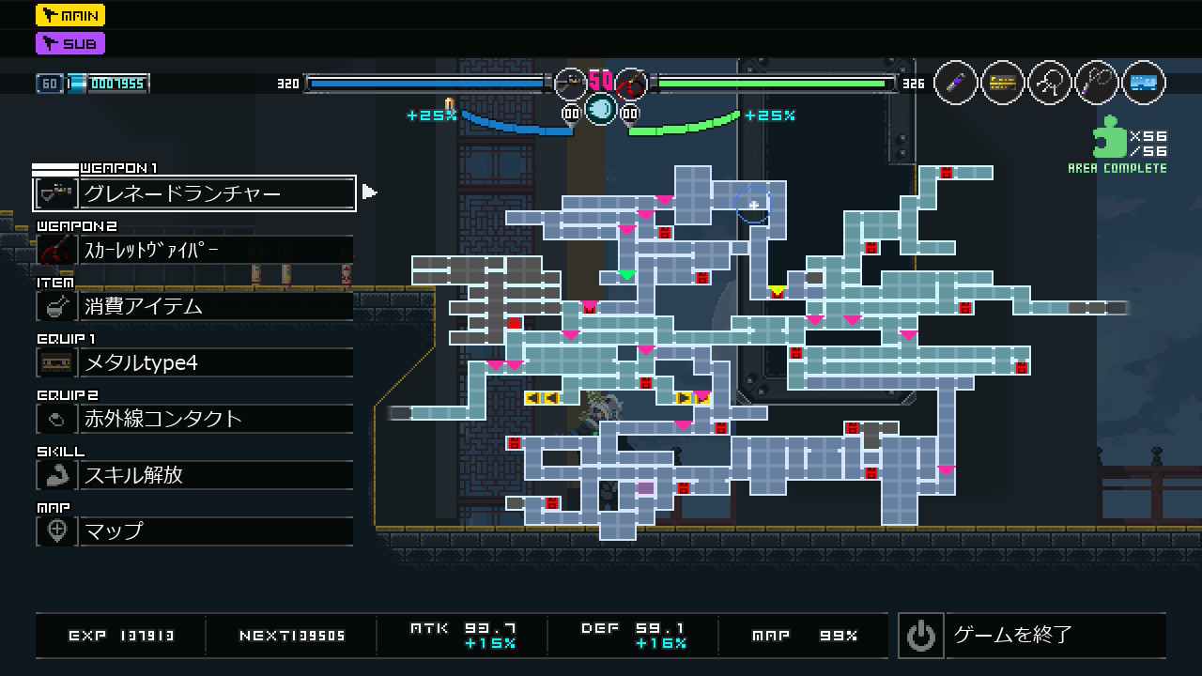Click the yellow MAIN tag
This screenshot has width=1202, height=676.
[x=70, y=15]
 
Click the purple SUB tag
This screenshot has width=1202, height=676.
[x=70, y=43]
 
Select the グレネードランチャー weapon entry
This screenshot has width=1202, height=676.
[x=194, y=193]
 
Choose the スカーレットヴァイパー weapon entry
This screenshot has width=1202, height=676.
[x=194, y=250]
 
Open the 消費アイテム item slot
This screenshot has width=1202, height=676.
[x=194, y=306]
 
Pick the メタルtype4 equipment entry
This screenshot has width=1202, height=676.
[x=194, y=362]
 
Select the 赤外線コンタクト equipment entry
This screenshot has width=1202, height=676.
[x=194, y=419]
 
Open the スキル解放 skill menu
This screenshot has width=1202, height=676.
[x=194, y=475]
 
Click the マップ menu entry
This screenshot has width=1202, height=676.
[x=194, y=531]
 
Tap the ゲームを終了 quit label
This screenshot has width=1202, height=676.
[x=1012, y=636]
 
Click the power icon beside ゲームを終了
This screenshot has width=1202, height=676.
[x=920, y=636]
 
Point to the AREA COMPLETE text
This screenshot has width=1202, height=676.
[x=1117, y=169]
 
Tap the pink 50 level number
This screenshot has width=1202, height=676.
[x=601, y=81]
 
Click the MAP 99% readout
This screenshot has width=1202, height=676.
[x=804, y=636]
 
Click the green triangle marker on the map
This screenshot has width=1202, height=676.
[x=626, y=275]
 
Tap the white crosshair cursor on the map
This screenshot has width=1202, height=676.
[x=753, y=205]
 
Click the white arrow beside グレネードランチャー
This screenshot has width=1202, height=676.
[x=369, y=192]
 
